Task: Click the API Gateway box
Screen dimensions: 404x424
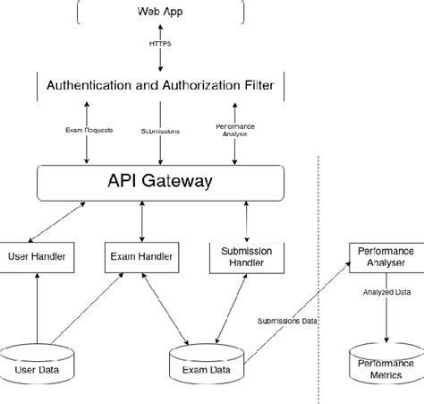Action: pyautogui.click(x=161, y=182)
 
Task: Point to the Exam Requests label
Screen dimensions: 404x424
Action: pyautogui.click(x=88, y=131)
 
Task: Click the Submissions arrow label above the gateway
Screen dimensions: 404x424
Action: pyautogui.click(x=161, y=131)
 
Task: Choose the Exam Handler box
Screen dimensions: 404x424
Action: pyautogui.click(x=141, y=256)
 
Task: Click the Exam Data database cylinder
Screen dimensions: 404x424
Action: pyautogui.click(x=207, y=367)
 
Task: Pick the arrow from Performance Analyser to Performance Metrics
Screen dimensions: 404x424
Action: pyautogui.click(x=386, y=318)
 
